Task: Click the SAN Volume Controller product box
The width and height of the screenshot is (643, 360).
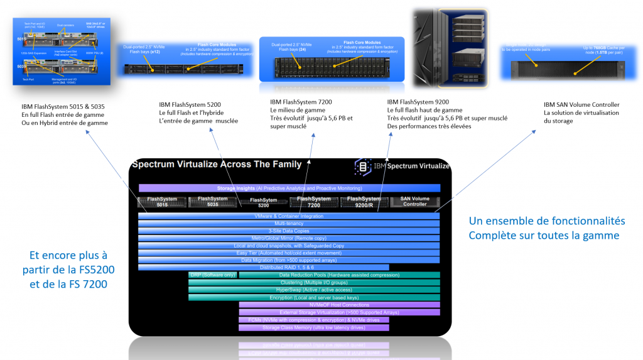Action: coord(414,202)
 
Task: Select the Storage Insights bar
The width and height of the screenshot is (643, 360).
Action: coord(289,188)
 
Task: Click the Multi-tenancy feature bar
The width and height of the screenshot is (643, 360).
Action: coord(289,224)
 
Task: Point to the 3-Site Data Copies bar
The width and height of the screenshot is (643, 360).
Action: coord(289,231)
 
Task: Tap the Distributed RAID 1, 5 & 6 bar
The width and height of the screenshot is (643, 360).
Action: coord(264,267)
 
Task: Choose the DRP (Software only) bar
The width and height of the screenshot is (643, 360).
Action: coord(212,275)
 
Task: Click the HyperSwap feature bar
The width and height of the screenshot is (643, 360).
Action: coord(314,290)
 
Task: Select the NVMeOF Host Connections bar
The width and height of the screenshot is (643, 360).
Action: coord(339,305)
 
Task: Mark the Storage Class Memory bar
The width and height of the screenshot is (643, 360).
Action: coord(314,327)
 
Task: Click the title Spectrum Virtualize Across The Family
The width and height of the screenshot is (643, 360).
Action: coord(216,165)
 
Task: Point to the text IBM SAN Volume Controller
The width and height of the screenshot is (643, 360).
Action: coord(581,105)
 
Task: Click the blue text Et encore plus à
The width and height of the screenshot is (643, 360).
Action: coord(69,256)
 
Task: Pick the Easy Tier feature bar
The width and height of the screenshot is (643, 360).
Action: coord(289,253)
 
